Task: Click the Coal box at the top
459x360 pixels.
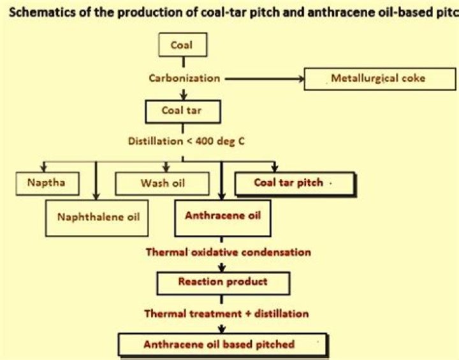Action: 183,45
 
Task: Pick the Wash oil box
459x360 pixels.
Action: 162,182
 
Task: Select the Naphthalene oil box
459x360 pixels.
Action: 98,217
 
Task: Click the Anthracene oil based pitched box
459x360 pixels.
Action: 219,343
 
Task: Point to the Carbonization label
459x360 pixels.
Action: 184,79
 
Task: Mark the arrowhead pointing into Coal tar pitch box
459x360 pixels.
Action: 274,168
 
